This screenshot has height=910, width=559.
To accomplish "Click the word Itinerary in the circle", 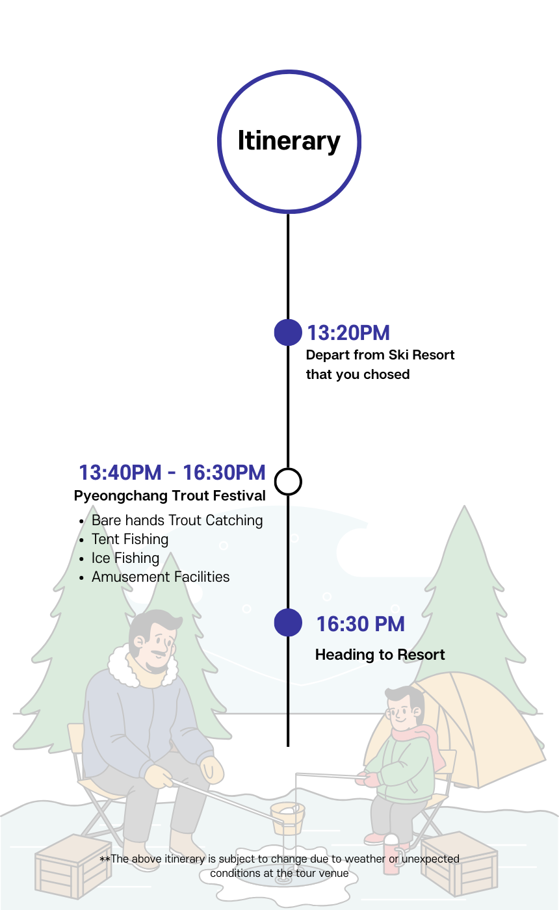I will pos(289,141).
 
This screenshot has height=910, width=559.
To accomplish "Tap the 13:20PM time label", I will pos(348,333).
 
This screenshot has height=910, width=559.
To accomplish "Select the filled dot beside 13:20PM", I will pos(288,333).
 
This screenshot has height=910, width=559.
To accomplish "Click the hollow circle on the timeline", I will pos(288,482).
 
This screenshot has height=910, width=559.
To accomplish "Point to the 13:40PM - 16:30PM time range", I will pos(172,473).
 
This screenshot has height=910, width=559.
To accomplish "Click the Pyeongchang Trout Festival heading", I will pos(170,496).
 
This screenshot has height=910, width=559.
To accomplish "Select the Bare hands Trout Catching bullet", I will pos(177,521).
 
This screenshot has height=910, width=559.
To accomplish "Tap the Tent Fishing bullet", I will pos(130,539).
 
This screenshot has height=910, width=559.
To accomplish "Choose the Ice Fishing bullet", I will pos(125,558).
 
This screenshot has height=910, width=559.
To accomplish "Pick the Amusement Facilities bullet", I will pos(161,577).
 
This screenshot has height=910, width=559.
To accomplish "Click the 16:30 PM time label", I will pos(360,624).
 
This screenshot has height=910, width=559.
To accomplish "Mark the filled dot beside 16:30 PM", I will pos(288,623).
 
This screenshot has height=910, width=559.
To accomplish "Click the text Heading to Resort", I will pos(380,655).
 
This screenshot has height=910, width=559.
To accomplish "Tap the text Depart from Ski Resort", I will pos(380,355).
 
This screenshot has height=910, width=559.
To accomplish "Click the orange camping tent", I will pos(494,728).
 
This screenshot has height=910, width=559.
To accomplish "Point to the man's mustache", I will pos(160,653).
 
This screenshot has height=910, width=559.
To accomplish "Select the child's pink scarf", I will pos(420,738).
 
